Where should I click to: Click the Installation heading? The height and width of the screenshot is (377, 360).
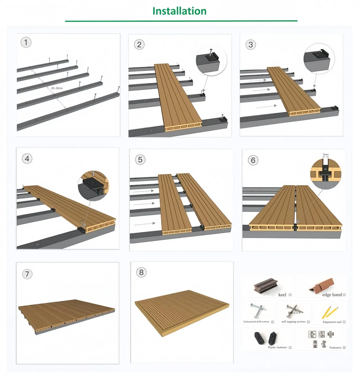(x=179, y=11)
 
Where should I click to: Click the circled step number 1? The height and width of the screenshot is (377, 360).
(x=26, y=42)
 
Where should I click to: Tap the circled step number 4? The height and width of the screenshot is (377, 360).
(x=27, y=159)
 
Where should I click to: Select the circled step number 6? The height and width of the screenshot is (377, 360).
(x=253, y=160)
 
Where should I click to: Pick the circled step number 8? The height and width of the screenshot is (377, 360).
(x=141, y=272)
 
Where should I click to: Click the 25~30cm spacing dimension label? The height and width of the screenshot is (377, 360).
(x=57, y=88)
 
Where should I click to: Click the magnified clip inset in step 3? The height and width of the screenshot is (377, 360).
(x=319, y=58)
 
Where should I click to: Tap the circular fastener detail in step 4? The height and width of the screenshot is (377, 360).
(x=93, y=186)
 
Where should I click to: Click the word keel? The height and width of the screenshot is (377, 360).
(x=282, y=295)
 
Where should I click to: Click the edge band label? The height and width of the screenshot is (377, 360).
(x=332, y=295)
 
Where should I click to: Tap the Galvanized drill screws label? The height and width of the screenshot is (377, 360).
(x=256, y=322)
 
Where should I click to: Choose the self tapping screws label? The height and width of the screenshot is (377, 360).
(x=293, y=322)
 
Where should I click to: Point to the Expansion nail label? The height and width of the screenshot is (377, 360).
(x=332, y=322)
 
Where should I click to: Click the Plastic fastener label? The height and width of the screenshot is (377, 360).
(x=277, y=347)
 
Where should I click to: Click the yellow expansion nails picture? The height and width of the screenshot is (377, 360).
(x=329, y=312)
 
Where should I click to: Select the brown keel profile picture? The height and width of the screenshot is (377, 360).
(x=265, y=286)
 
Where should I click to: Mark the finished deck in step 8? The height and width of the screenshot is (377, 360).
(x=181, y=312)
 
